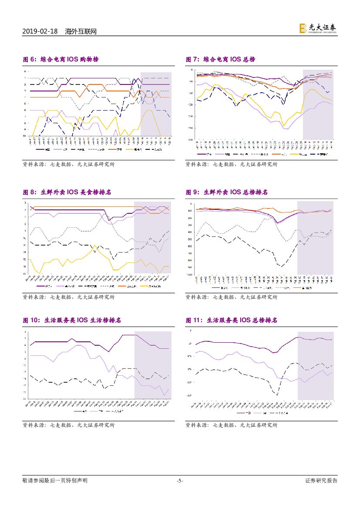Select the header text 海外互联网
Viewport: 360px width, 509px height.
pos(81,31)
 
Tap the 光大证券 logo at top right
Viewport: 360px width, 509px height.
pos(317,28)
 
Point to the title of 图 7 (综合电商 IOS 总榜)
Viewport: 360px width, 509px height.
pos(220,59)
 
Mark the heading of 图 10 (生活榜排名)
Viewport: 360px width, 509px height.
pos(72,320)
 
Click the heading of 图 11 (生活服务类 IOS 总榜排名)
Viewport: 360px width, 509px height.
pos(231,320)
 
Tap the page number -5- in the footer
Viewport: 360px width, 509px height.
pos(180,481)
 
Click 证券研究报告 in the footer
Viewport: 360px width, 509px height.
pos(321,481)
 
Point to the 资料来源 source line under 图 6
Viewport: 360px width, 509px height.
pos(68,164)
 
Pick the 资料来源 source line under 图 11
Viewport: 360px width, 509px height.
pos(231,425)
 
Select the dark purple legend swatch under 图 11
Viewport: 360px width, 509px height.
pos(240,412)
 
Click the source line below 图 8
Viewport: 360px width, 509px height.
pos(68,297)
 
